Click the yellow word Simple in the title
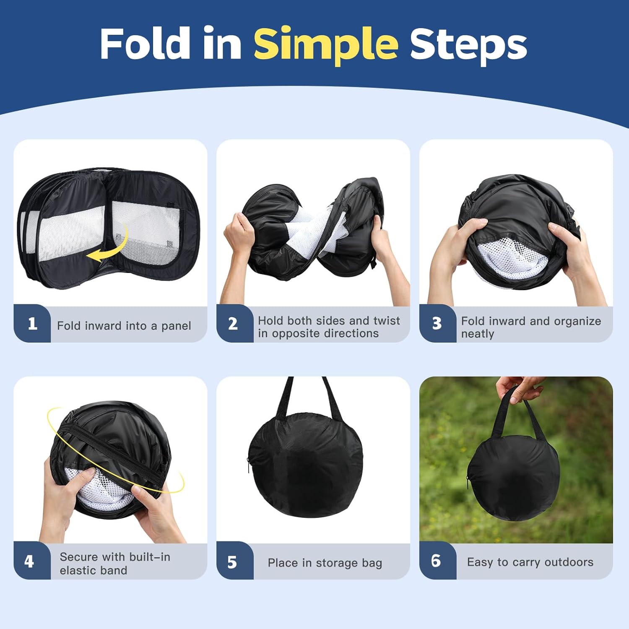tap(325, 44)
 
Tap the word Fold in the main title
tap(145, 43)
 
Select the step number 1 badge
tap(32, 324)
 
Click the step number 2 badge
tap(233, 324)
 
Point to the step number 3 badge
tap(437, 324)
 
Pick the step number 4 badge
tap(29, 561)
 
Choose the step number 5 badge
tap(232, 562)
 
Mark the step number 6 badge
tap(436, 561)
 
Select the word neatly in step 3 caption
tap(478, 334)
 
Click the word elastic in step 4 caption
tap(78, 571)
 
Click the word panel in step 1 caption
tap(176, 326)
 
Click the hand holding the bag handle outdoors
tap(520, 388)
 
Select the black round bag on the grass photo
tap(514, 474)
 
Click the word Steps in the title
tap(468, 44)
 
